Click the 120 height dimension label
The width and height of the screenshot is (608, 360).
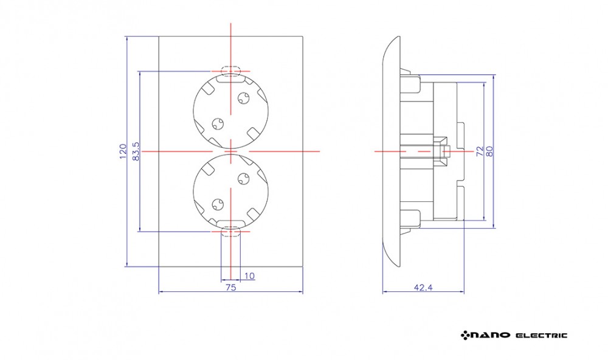pos(123,151)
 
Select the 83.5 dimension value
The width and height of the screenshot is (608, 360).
pos(136,151)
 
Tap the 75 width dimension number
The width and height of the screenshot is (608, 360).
pos(230,288)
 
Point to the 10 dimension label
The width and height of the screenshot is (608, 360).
pos(250,276)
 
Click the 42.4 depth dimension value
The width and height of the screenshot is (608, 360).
pos(423,288)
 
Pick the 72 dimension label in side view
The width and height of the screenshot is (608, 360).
pos(480,151)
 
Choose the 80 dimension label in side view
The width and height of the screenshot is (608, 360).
pos(489,151)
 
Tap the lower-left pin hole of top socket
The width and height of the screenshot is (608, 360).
pos(218,124)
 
